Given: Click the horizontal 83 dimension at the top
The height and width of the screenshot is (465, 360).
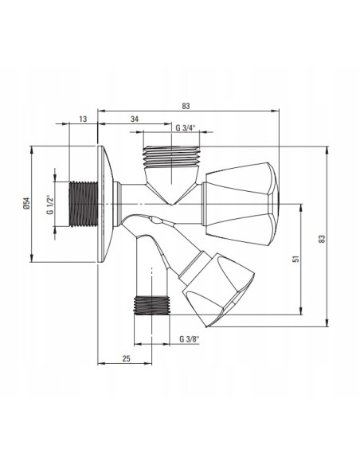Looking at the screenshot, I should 186,106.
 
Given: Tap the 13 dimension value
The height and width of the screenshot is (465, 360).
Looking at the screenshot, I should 84,119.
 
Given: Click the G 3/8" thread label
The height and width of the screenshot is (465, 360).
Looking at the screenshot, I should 188,339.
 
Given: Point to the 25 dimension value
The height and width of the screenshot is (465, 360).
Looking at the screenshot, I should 126,359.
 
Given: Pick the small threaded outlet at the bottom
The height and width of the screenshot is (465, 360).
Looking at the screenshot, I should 151,305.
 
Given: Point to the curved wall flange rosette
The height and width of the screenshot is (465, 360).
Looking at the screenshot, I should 105,205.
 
